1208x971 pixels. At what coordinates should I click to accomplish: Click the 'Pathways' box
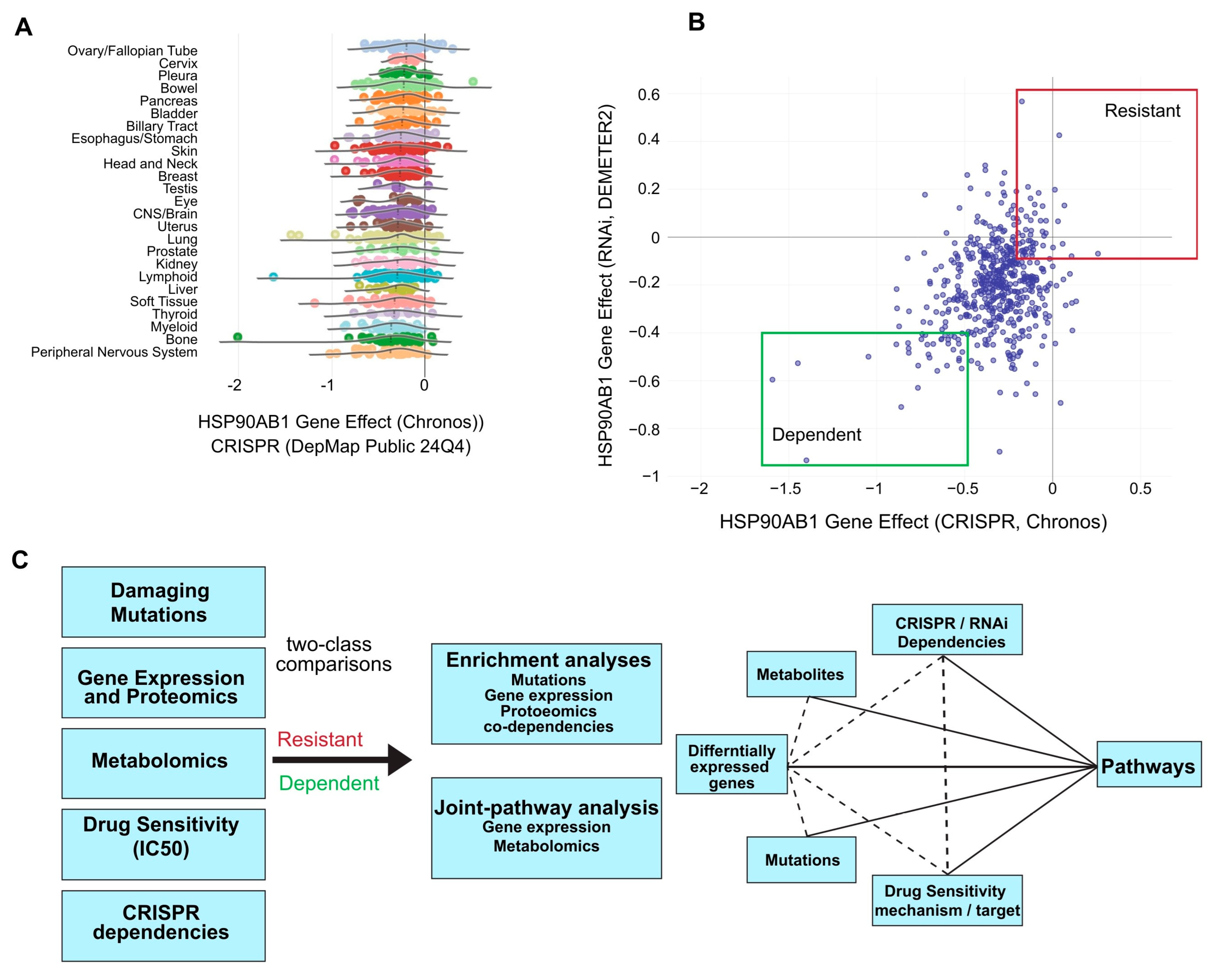[1148, 765]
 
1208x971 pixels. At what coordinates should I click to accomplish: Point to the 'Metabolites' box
[801, 674]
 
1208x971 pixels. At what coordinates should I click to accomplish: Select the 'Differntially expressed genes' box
[731, 765]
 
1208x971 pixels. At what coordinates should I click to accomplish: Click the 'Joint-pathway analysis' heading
[546, 808]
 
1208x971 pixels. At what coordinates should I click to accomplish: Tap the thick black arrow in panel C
[342, 760]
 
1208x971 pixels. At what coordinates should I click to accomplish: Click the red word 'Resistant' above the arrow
[320, 739]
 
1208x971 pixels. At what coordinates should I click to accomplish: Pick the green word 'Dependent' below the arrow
[329, 783]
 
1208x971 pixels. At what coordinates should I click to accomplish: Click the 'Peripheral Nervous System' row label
[114, 352]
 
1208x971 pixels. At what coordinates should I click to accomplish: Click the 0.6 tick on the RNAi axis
[649, 95]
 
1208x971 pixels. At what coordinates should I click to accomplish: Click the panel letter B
[696, 22]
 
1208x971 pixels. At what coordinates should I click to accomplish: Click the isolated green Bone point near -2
[237, 337]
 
